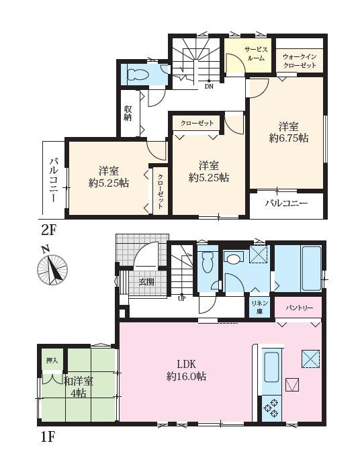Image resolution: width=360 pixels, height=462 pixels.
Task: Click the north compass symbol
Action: tap(52, 267)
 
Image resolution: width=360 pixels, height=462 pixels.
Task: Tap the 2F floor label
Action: tap(48, 230)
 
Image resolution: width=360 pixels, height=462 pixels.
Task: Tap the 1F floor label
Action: tap(48, 437)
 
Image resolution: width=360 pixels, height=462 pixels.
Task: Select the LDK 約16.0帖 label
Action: tap(186, 370)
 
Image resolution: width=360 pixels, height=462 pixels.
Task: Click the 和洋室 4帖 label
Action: tap(79, 387)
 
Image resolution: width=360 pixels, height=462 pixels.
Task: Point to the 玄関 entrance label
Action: tap(146, 282)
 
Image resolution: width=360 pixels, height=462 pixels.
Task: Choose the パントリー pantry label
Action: tap(299, 308)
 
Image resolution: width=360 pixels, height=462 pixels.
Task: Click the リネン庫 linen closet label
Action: tap(259, 308)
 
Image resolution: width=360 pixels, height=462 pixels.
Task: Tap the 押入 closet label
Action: tap(52, 360)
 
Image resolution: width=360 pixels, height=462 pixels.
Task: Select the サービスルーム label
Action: tap(256, 54)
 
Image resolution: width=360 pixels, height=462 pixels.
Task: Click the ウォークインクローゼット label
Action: tap(300, 61)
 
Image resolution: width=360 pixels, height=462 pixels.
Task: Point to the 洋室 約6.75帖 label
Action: tap(289, 132)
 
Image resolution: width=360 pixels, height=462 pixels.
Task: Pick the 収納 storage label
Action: tap(128, 113)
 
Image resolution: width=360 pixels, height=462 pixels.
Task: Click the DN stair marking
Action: tap(209, 87)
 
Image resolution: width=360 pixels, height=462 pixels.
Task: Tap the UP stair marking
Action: tap(182, 298)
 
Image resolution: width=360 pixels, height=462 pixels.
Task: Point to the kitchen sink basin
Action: tap(271, 367)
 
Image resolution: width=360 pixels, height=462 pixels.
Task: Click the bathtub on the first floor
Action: tap(312, 268)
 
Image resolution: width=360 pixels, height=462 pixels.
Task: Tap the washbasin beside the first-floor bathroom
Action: tap(233, 259)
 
